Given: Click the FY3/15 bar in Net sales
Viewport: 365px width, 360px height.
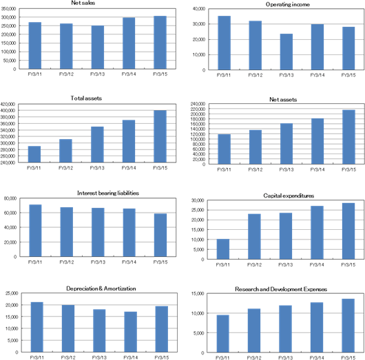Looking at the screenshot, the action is [x=160, y=43].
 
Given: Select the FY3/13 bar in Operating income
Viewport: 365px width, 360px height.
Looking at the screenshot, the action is [x=286, y=52].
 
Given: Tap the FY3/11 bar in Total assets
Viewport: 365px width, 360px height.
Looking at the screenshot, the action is [x=34, y=154].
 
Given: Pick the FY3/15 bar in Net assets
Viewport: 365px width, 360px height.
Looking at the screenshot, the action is [x=348, y=137].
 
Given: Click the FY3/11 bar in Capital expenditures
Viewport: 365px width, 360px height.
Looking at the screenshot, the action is [x=223, y=249].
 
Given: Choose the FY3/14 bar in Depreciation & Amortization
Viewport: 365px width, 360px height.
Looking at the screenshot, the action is [x=131, y=332].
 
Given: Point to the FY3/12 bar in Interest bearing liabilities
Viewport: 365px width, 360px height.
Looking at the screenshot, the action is [x=67, y=232].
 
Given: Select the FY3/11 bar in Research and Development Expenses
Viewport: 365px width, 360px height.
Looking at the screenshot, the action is [x=222, y=334].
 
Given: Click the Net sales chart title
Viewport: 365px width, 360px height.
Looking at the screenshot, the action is [x=83, y=3].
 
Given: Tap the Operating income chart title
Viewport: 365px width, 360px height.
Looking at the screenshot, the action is [x=288, y=4].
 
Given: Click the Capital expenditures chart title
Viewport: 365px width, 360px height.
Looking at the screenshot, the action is [x=289, y=195].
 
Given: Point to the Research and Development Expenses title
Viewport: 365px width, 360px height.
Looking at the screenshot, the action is [x=281, y=289].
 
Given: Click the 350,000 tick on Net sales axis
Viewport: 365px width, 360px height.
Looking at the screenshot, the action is [x=9, y=9].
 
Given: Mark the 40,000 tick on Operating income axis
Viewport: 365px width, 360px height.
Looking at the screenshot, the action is [x=199, y=9].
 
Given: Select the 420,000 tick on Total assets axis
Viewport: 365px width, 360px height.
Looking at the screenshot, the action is [x=8, y=104].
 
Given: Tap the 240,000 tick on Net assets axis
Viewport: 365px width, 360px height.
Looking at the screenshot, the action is [x=198, y=103].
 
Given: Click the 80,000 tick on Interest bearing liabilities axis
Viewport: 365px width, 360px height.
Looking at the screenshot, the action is [x=10, y=198].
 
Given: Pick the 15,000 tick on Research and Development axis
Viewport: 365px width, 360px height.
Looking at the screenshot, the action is [x=198, y=294].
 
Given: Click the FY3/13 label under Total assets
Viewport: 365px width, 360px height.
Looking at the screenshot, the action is [x=97, y=168].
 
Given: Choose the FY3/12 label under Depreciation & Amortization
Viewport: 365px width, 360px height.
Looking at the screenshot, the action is [x=68, y=357].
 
